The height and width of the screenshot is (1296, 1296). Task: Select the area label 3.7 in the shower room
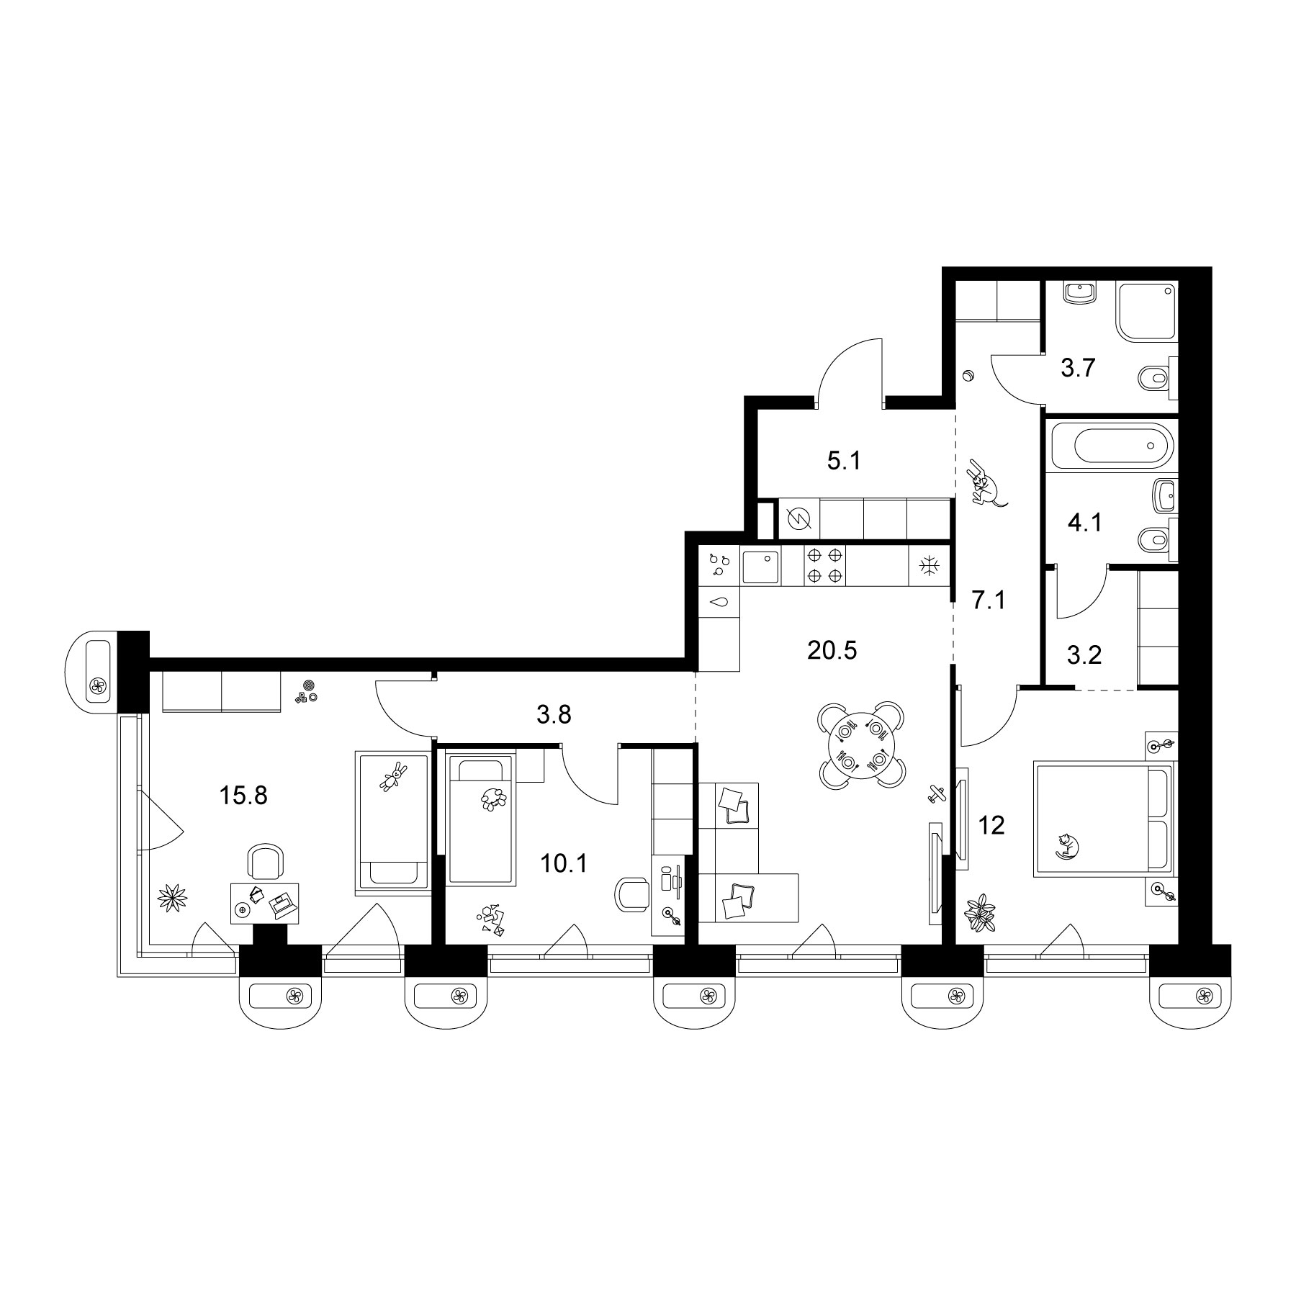point(1078,369)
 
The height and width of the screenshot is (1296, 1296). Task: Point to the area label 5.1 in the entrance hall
point(844,460)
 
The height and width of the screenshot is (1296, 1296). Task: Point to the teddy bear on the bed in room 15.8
point(393,777)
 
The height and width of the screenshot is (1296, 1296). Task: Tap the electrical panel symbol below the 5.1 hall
point(799,518)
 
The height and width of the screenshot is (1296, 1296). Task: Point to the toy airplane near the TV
point(935,793)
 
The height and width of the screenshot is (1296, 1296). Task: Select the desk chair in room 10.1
point(631,894)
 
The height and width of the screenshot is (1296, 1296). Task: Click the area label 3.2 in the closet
point(1084,657)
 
